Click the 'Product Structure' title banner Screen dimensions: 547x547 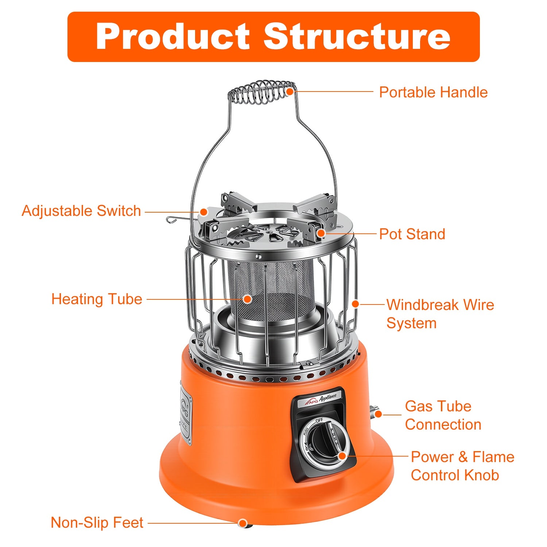273,36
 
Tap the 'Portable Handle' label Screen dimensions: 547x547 433,92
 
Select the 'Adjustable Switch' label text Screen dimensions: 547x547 81,211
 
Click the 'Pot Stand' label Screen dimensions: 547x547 412,234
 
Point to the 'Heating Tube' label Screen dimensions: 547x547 97,299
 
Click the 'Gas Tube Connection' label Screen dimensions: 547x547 443,415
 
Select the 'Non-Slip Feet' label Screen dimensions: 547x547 97,523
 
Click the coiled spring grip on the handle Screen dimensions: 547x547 261,92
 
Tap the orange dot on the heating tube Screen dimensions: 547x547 248,299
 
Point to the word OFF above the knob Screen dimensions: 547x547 319,420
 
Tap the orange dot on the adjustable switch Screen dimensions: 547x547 203,212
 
